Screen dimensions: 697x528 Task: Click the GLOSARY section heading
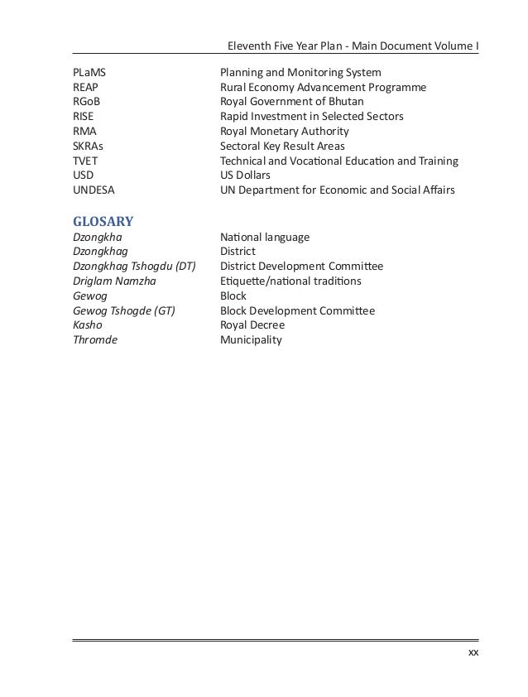(103, 221)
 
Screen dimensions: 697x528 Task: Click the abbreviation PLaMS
(89, 73)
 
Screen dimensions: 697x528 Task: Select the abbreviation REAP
(85, 88)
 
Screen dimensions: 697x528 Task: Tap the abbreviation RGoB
(86, 102)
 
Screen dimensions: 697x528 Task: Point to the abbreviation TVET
(85, 161)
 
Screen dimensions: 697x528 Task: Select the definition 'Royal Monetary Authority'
(285, 132)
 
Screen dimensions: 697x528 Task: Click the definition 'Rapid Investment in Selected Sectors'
(312, 117)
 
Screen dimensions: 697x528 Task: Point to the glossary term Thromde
(95, 340)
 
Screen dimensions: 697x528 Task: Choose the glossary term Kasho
(88, 325)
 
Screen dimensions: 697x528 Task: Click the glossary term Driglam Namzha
(114, 281)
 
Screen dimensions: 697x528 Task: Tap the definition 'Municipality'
(251, 340)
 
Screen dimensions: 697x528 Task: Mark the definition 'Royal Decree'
(252, 325)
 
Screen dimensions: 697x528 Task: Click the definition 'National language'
(265, 238)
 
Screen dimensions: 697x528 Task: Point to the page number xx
(473, 653)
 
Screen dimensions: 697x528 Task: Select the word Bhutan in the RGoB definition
(346, 102)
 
